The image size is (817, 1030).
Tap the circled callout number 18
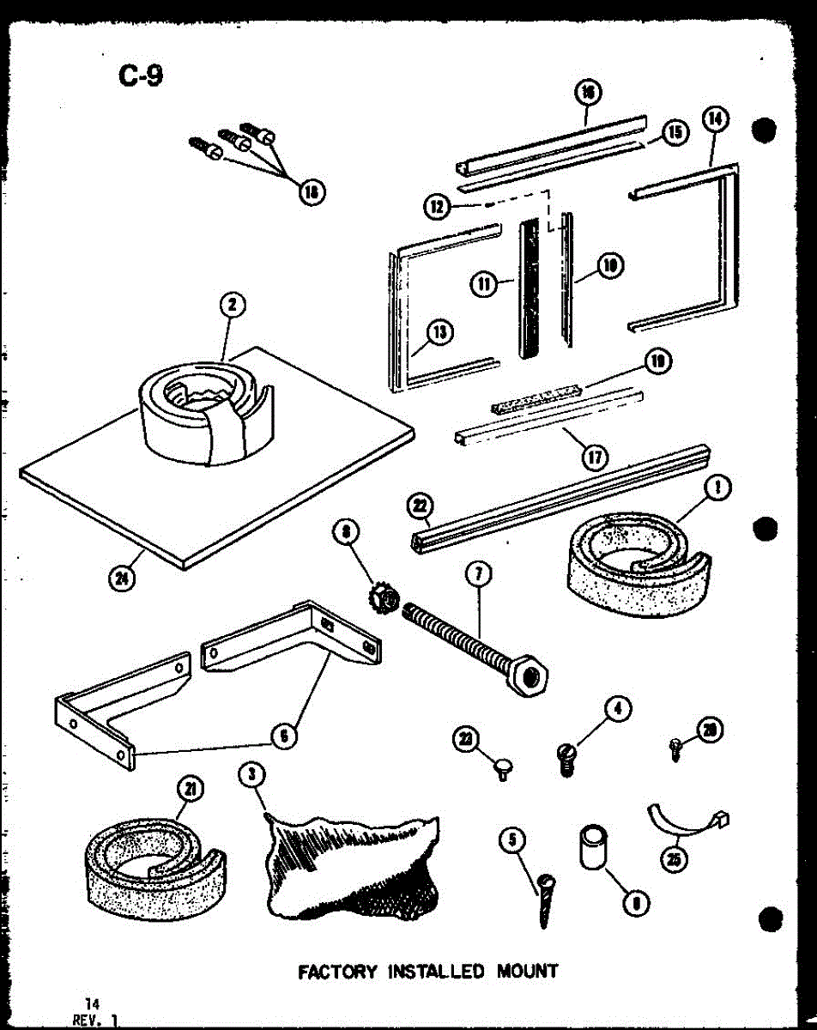tap(306, 194)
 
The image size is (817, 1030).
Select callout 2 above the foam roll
tap(232, 305)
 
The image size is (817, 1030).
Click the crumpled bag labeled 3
tap(352, 867)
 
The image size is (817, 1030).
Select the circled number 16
tap(589, 93)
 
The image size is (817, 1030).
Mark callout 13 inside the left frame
tap(439, 332)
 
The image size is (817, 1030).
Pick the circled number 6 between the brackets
tap(284, 736)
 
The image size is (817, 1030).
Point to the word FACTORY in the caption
tap(337, 972)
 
